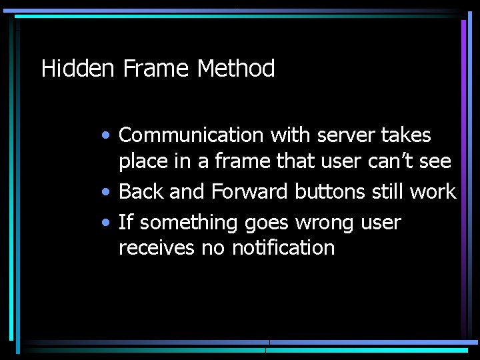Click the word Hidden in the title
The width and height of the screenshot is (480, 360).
tap(79, 69)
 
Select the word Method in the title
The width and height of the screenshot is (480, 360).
tap(236, 69)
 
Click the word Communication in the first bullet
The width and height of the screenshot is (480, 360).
tap(191, 135)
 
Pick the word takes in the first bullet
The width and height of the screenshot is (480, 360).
tap(406, 135)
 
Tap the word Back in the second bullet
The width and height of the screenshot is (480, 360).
tap(141, 192)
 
